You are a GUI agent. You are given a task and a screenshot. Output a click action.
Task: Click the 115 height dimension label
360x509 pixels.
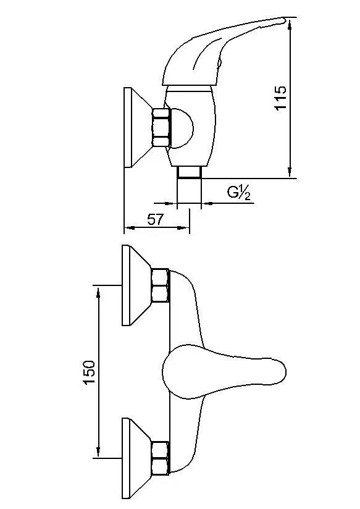[x=280, y=98]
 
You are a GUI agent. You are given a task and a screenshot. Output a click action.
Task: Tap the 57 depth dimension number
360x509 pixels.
[x=156, y=219]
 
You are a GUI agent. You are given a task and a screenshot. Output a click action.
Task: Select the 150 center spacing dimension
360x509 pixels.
[x=89, y=372]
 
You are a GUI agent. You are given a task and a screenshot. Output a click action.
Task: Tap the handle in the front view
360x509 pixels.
[x=222, y=372]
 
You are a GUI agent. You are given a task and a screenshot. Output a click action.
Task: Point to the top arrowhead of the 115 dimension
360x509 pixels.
[x=290, y=22]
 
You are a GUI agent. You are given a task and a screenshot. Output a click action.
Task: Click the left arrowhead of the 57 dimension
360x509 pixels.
[x=128, y=229]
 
